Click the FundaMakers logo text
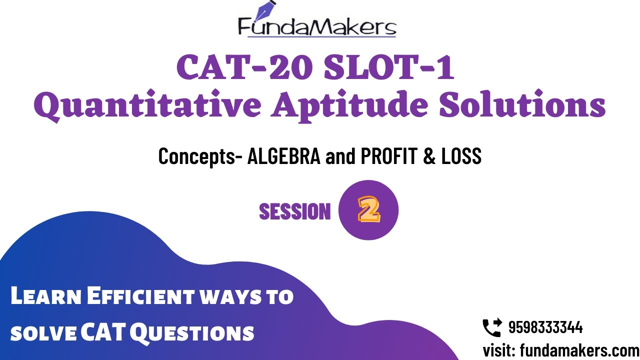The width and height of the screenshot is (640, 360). (317, 27)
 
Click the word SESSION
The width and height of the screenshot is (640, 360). (295, 211)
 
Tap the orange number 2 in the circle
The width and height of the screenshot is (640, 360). (368, 210)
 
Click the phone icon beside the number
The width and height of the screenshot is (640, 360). (491, 328)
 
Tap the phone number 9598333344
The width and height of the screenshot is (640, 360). (545, 328)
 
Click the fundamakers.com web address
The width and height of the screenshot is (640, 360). (579, 349)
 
